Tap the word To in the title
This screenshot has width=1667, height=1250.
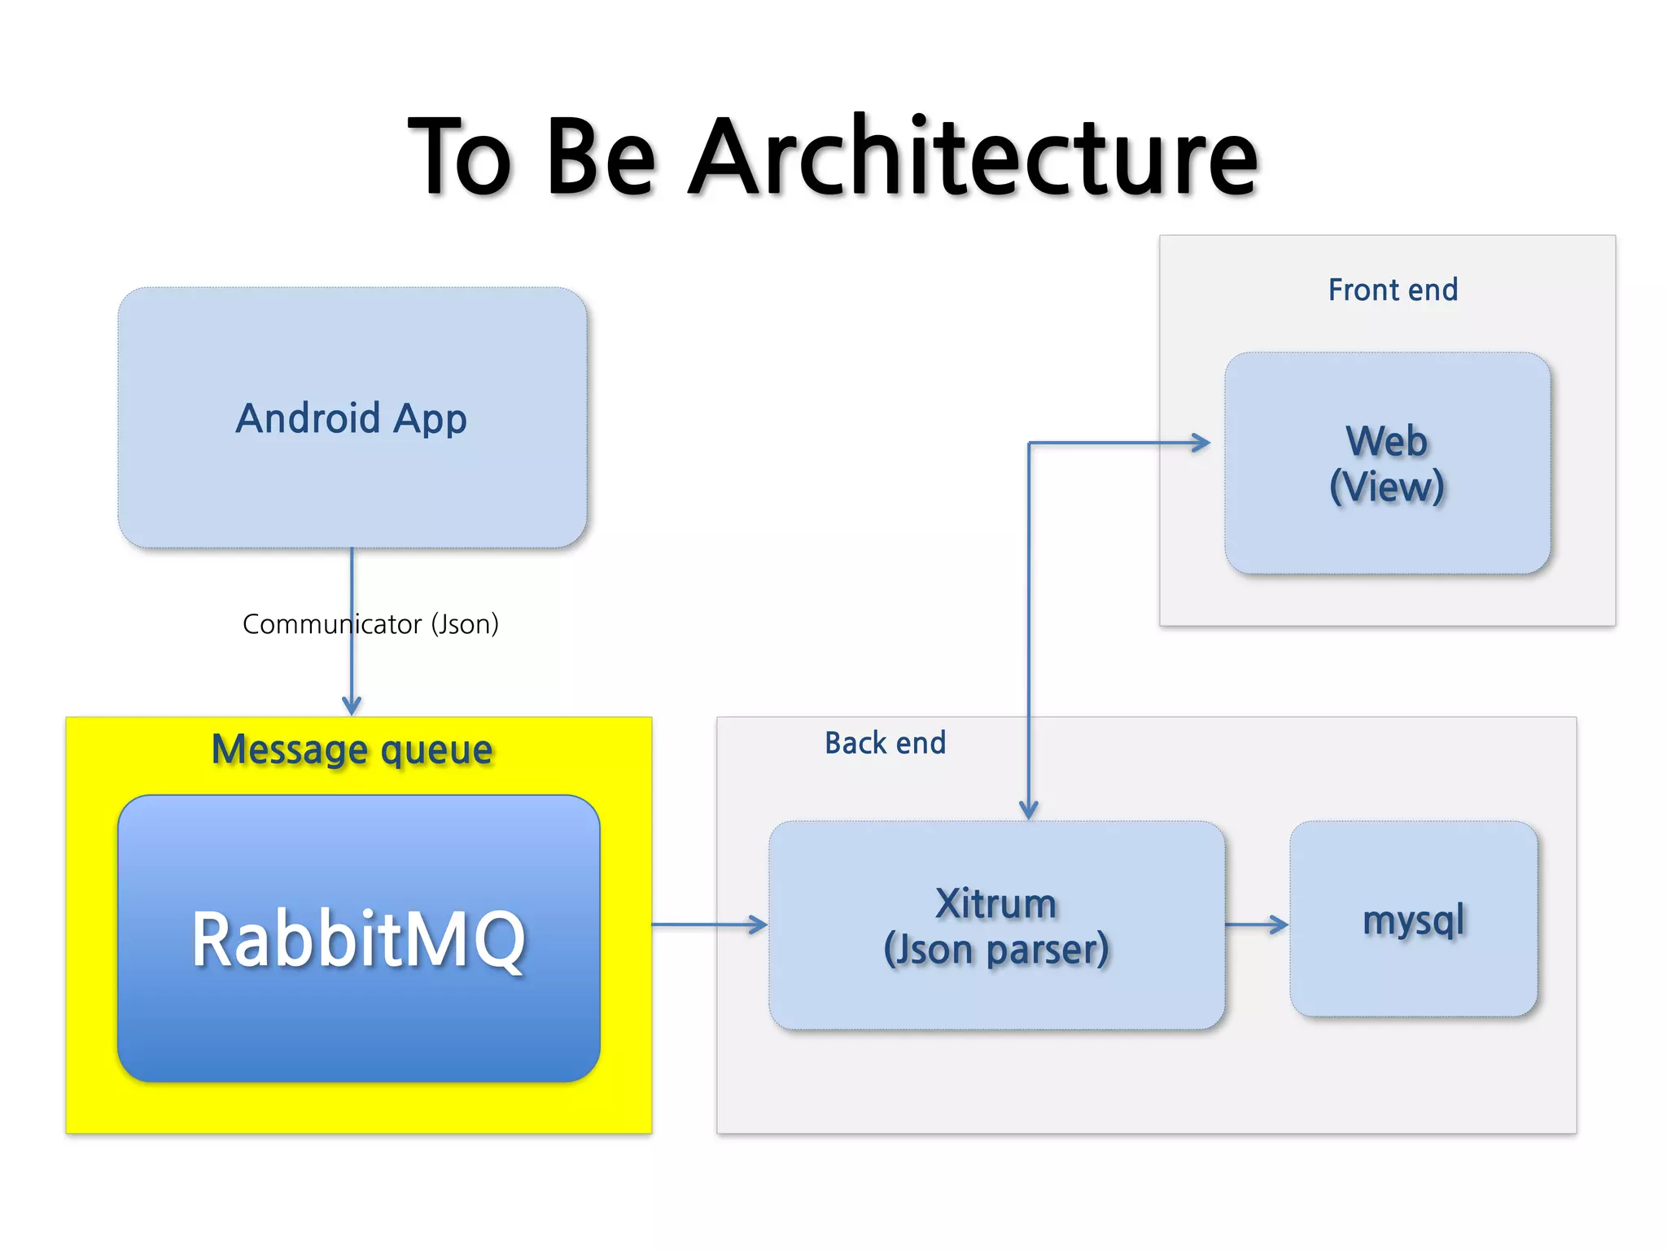pos(460,156)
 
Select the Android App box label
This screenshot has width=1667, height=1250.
pos(352,418)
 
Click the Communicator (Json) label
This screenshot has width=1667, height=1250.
pos(370,624)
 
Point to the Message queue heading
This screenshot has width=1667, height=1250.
pos(352,749)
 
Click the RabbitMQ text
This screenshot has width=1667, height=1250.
pos(359,939)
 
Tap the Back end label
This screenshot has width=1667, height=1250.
pos(885,743)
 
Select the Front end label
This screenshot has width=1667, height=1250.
pos(1393,290)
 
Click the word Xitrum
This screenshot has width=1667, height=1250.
pos(996,903)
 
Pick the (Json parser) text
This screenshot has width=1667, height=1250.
pos(996,950)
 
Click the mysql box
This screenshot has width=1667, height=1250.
pos(1414,920)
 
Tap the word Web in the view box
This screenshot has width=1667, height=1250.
pos(1387,441)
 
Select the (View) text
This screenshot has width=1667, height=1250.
pos(1387,487)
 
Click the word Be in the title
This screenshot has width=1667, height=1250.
pos(601,156)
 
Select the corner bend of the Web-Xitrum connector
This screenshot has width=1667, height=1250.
pos(1029,443)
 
